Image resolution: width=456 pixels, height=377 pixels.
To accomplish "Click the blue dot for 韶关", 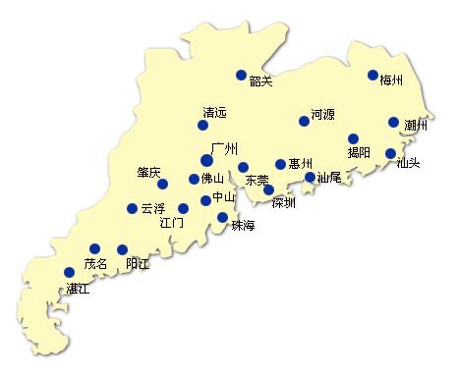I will tap(242, 75).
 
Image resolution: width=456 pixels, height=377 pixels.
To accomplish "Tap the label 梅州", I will tap(392, 81).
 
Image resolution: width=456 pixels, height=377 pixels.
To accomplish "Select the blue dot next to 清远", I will tap(203, 125).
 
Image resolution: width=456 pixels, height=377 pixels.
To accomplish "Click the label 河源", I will tap(323, 114).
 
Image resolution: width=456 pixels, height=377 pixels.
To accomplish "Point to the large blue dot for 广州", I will tap(206, 160).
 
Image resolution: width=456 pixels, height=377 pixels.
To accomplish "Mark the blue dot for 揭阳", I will tap(354, 138).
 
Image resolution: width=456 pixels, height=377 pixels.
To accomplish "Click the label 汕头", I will tap(408, 163).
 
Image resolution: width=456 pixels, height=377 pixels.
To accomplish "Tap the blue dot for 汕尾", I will tap(310, 178).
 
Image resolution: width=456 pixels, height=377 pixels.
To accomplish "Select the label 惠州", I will tap(301, 164).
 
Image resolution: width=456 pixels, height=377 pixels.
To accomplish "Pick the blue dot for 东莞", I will tap(243, 167).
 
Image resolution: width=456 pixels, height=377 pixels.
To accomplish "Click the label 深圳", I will tap(284, 203).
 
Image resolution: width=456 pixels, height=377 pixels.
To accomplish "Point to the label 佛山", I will tap(213, 179).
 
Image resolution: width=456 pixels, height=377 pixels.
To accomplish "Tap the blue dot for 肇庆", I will tap(163, 184).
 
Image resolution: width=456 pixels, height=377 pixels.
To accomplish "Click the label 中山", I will tap(225, 198).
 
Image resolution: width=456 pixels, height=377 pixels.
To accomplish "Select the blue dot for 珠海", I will tap(222, 217).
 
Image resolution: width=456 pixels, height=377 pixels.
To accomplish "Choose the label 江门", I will tap(172, 223).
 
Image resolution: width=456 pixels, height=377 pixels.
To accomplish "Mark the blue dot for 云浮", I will tap(133, 208).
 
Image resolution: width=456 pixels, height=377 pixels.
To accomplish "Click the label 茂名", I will tap(95, 263).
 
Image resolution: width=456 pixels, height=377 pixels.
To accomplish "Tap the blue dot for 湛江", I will tap(69, 272).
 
